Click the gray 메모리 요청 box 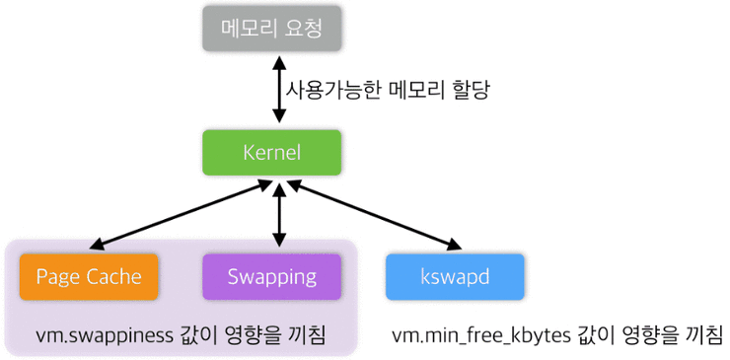[271, 28]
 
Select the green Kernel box [271, 153]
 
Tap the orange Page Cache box [88, 276]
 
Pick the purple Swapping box [271, 276]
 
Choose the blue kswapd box [455, 276]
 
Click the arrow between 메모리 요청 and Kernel [279, 90]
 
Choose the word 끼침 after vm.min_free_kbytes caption [702, 335]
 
